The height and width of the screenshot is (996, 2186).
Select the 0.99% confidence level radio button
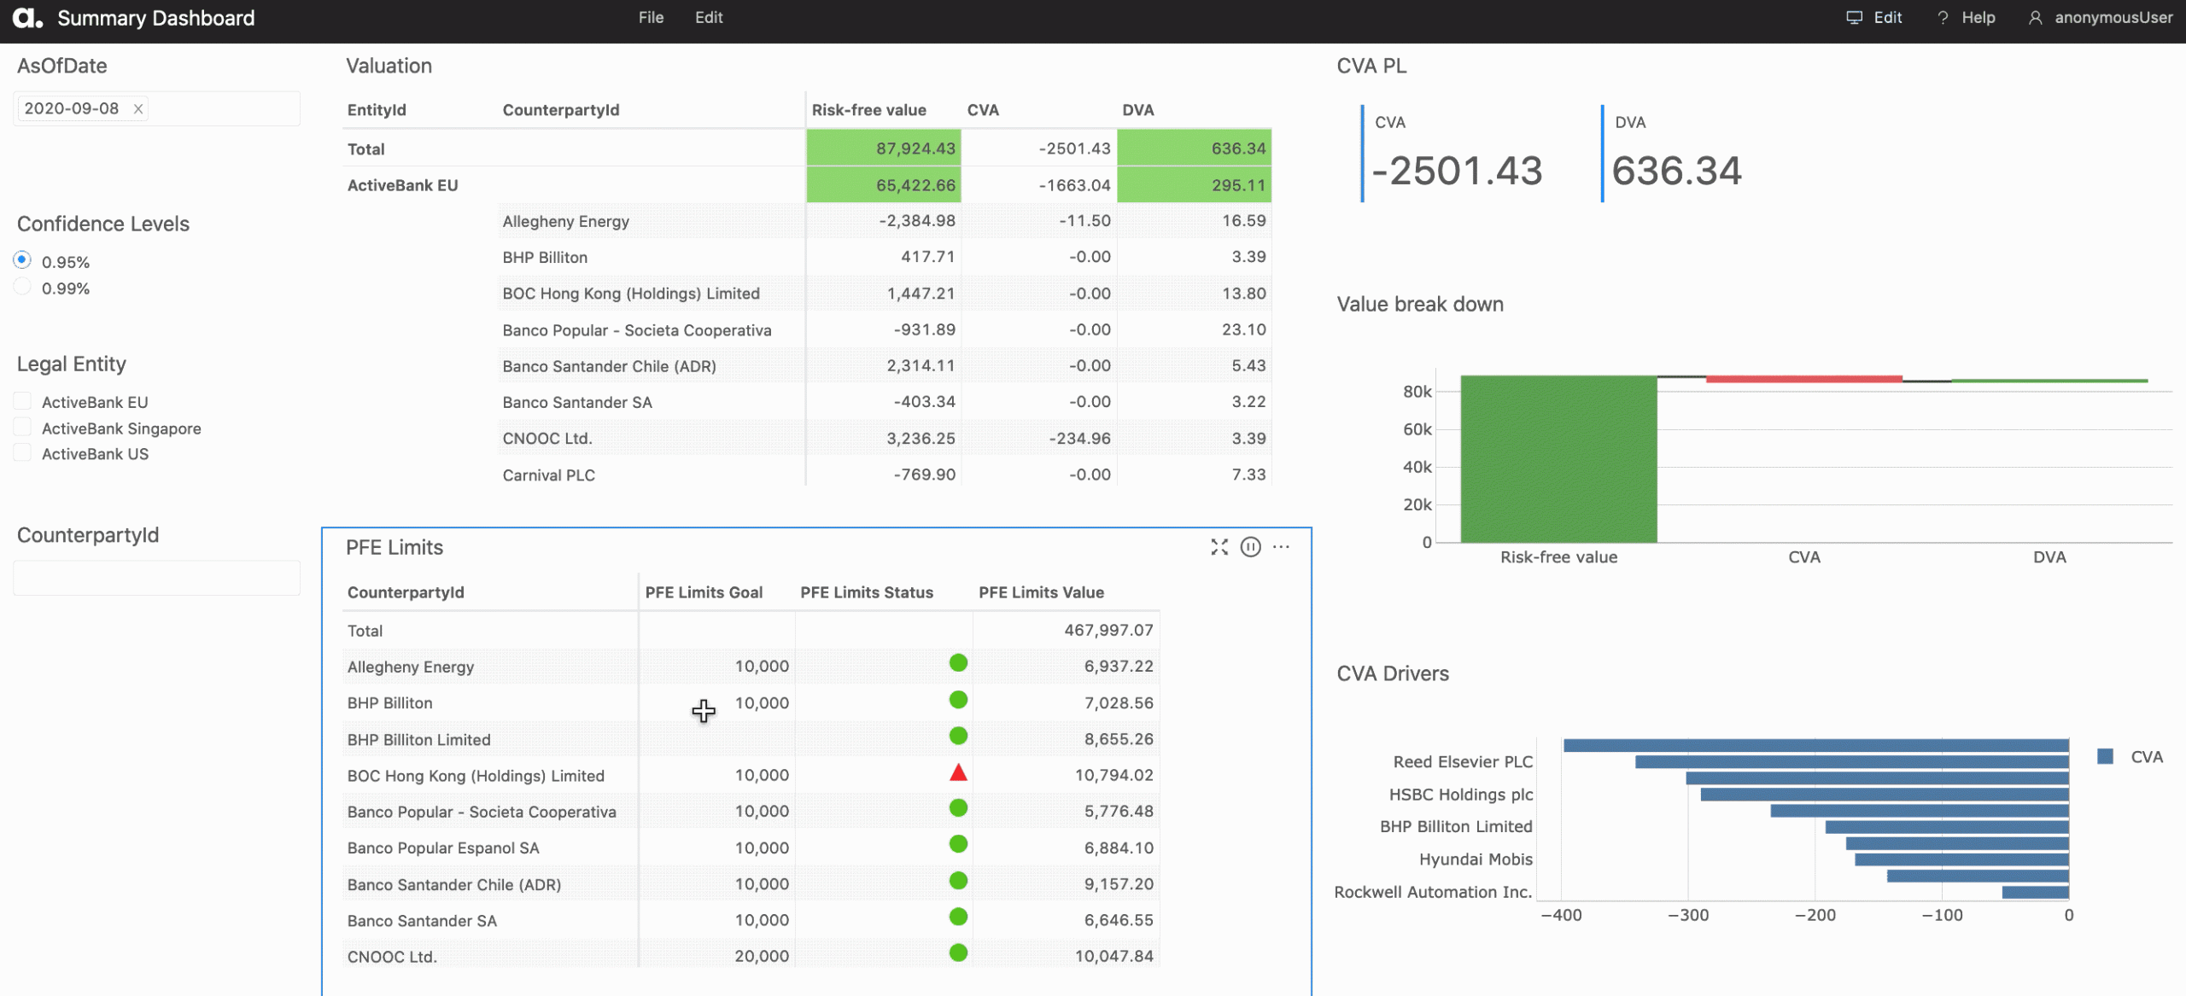pyautogui.click(x=22, y=287)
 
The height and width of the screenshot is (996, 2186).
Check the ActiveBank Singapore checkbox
pyautogui.click(x=22, y=427)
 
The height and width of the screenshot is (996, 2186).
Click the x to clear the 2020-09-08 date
pyautogui.click(x=137, y=108)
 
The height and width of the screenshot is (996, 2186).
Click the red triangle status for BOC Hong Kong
pyautogui.click(x=958, y=773)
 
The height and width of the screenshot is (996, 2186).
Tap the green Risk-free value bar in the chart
pyautogui.click(x=1558, y=459)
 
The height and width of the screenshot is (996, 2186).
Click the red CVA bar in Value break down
pyautogui.click(x=1804, y=379)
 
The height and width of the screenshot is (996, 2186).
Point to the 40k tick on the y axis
pyautogui.click(x=1417, y=467)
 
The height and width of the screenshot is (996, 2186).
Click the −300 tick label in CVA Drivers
pyautogui.click(x=1688, y=915)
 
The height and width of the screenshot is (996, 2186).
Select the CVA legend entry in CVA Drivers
pyautogui.click(x=2130, y=757)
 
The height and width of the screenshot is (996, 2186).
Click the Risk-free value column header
pyautogui.click(x=868, y=110)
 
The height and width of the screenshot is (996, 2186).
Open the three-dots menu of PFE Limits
pyautogui.click(x=1281, y=547)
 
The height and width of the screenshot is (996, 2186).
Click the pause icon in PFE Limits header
pyautogui.click(x=1250, y=547)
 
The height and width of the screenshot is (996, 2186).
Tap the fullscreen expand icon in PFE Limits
pyautogui.click(x=1219, y=547)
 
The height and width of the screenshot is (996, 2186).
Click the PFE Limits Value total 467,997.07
pyautogui.click(x=1108, y=630)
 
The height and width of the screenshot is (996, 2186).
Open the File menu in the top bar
pyautogui.click(x=651, y=17)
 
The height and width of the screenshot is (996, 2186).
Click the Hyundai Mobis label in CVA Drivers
pyautogui.click(x=1476, y=859)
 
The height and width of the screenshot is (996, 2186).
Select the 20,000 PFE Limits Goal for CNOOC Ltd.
pyautogui.click(x=762, y=957)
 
